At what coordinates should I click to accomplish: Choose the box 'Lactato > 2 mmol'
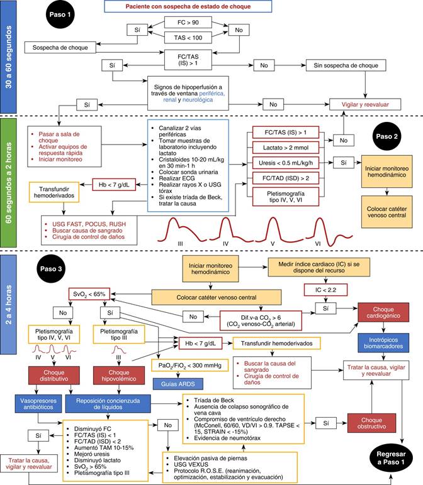coord(288,148)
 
